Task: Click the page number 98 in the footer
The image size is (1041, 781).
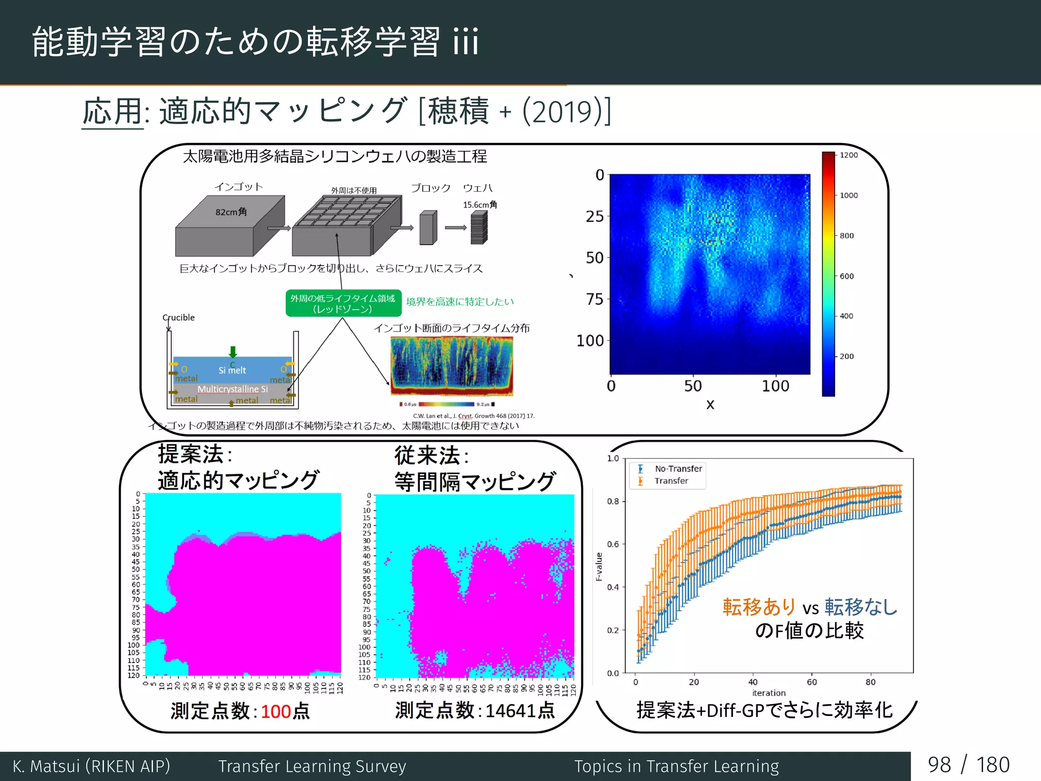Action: [x=939, y=765]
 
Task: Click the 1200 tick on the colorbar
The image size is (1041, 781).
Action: [x=848, y=155]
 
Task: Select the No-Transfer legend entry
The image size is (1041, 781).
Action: [x=678, y=469]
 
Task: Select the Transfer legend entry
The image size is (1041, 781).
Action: [x=671, y=481]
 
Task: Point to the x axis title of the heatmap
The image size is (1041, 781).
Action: [x=710, y=405]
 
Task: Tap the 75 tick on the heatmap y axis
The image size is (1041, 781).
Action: [x=594, y=299]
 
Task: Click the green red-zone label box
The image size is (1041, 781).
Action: [x=343, y=304]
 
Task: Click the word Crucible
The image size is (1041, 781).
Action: [x=178, y=317]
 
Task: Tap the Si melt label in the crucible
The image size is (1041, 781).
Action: [x=232, y=370]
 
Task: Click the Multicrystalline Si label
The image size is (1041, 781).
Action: [x=232, y=389]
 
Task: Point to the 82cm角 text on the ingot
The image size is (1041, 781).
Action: [x=231, y=212]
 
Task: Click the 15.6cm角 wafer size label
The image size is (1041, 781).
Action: [x=480, y=205]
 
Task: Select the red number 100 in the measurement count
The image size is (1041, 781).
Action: [x=276, y=711]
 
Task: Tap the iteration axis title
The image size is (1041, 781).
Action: [x=769, y=693]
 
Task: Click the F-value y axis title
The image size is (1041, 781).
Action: [x=599, y=566]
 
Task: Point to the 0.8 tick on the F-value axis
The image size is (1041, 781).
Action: [x=613, y=501]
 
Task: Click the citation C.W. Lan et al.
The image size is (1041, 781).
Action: [x=473, y=416]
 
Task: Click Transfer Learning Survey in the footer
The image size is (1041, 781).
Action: [x=312, y=766]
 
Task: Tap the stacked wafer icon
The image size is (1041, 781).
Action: [x=479, y=228]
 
